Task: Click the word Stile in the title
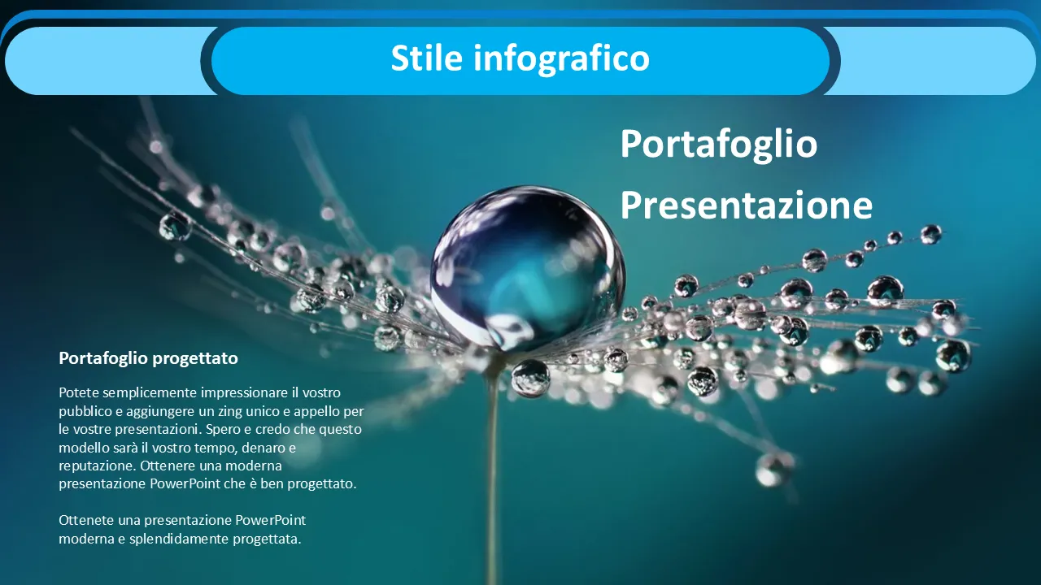tap(427, 58)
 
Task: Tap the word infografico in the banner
tap(561, 59)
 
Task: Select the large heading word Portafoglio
tap(718, 145)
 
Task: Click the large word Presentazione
tap(747, 206)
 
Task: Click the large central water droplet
tap(527, 268)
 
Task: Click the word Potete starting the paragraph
tap(79, 392)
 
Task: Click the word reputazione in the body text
tap(98, 466)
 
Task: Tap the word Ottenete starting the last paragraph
tap(86, 521)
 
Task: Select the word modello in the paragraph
tap(84, 448)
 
